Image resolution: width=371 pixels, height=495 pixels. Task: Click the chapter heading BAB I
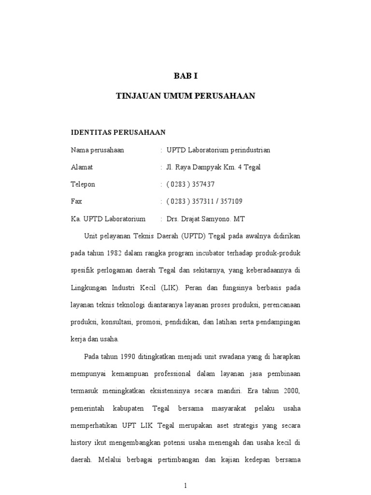(185, 76)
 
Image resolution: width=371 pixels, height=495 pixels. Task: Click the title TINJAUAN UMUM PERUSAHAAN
(185, 96)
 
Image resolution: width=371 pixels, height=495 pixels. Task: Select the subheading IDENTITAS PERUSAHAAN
(118, 132)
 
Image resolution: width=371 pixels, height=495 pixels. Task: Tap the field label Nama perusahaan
(97, 150)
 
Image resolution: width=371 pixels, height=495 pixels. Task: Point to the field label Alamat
(82, 167)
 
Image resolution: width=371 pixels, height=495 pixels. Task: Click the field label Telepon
(83, 184)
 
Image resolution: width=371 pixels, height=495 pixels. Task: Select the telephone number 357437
(203, 184)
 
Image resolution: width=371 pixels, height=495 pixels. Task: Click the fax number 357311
(203, 202)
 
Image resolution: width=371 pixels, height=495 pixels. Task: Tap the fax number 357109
(231, 202)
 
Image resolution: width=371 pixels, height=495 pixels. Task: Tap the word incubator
(212, 253)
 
